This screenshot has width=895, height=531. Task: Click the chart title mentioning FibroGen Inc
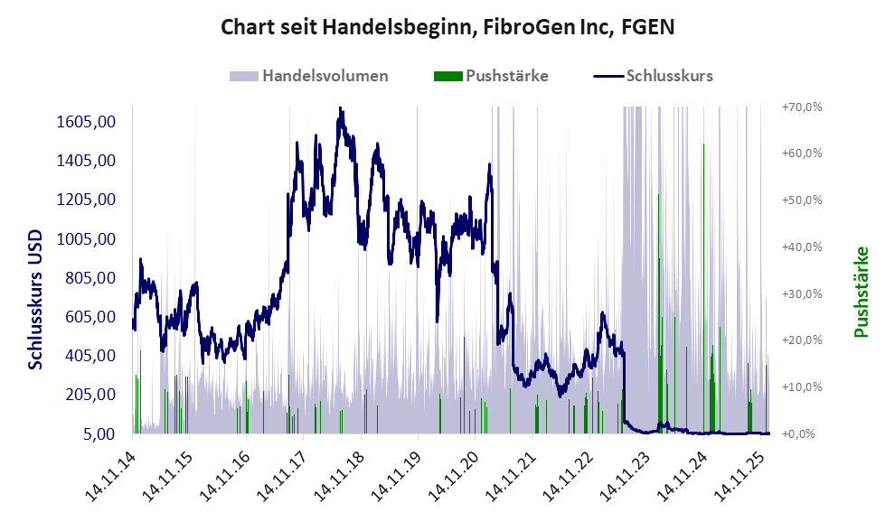point(447,27)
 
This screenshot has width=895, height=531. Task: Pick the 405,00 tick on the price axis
point(86,356)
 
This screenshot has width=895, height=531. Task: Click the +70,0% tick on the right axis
point(801,107)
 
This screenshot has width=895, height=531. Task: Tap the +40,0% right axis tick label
point(801,247)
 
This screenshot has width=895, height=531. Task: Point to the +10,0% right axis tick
point(801,387)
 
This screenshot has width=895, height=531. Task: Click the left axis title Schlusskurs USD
point(36,298)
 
